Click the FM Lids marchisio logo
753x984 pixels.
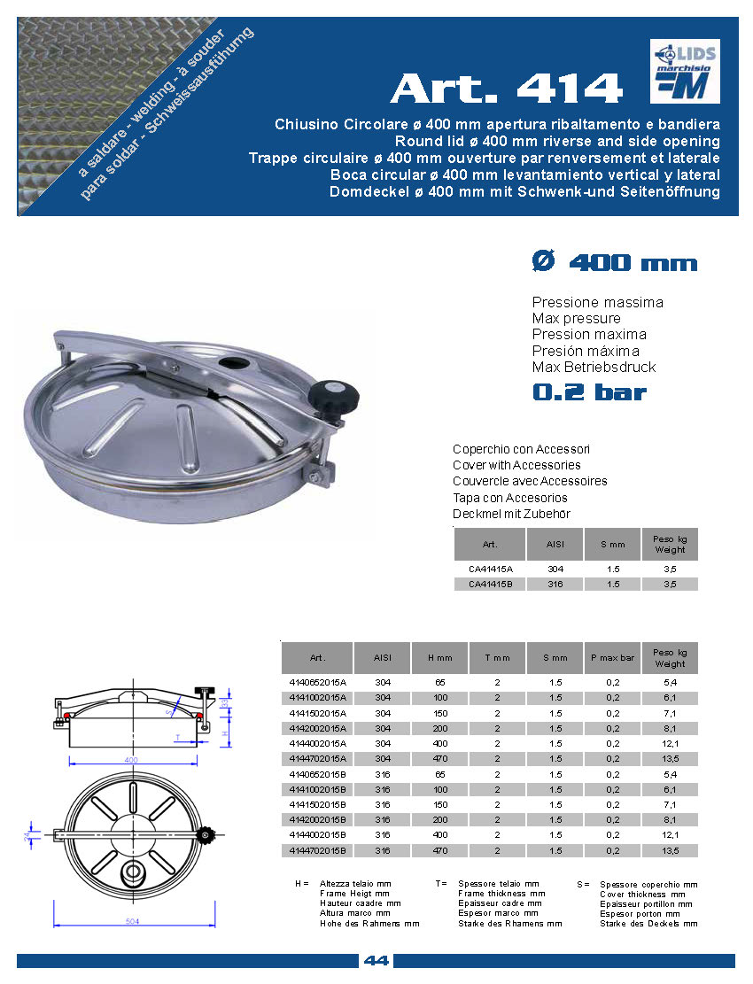[x=684, y=71]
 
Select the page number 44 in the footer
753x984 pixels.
[x=376, y=961]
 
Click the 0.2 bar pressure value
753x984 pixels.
[x=589, y=392]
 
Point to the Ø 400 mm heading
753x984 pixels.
[x=614, y=263]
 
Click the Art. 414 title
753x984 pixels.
[x=507, y=88]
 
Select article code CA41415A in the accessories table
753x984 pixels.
[x=490, y=569]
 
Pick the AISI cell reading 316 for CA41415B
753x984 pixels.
[x=555, y=585]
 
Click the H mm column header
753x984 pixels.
[x=439, y=658]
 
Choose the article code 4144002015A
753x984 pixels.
[x=316, y=743]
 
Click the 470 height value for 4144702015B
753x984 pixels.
[x=439, y=851]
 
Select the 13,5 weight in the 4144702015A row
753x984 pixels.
[x=670, y=759]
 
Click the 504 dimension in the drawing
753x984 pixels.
[x=133, y=921]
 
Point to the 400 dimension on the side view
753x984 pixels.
[x=132, y=760]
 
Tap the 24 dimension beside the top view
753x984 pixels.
[x=27, y=834]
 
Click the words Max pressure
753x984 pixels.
[x=576, y=319]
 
